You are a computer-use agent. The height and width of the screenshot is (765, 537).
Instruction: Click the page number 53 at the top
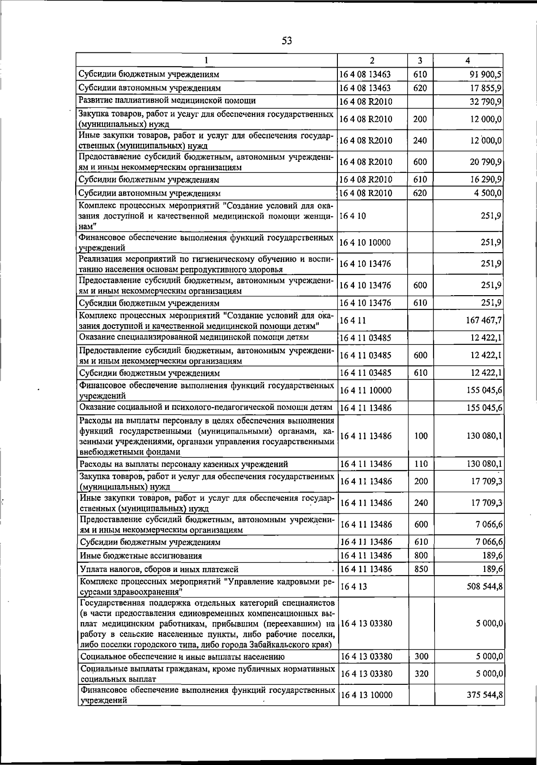coord(287,41)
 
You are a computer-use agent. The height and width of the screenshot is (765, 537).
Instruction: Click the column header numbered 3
coord(420,60)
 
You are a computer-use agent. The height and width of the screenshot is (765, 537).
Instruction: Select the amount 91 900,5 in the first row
coord(485,74)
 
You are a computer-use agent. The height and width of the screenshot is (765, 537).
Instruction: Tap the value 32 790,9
coord(486,101)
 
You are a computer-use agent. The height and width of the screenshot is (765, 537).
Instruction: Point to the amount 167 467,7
coord(484,320)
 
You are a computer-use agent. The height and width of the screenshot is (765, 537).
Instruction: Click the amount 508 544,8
coord(484,586)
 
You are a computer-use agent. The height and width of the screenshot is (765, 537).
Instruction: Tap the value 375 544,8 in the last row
coord(484,708)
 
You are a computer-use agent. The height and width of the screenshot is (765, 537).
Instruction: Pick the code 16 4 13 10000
coord(366,708)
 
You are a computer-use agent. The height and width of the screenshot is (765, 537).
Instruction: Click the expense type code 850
coord(420,569)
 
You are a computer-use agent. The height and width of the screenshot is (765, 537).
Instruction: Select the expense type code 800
coord(420,555)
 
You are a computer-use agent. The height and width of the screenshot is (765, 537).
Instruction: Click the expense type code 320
coord(421,674)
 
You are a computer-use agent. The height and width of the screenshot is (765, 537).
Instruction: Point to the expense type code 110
coord(421,464)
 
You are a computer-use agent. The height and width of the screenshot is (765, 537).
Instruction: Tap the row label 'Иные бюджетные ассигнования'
coord(141,556)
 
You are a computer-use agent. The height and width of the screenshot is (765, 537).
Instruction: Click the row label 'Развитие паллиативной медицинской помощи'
coord(167,100)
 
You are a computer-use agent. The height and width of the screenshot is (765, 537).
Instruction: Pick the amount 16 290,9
coord(486,180)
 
